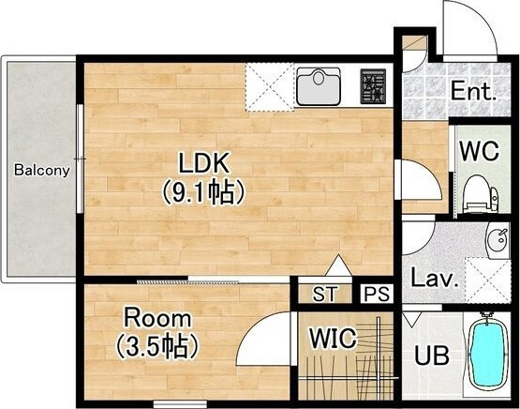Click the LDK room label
coord(204,162)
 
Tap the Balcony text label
coord(42,171)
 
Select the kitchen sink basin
coord(319,86)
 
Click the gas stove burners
coord(373,86)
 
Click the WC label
coord(479,151)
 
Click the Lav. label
coord(435,278)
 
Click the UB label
coord(432,356)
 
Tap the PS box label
coord(377,294)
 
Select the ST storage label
coord(325,294)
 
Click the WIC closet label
coord(333,338)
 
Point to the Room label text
coord(157,318)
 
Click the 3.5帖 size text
coord(157,346)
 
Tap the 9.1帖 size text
coord(203,192)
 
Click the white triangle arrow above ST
coord(338,265)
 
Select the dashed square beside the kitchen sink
coord(270,87)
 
